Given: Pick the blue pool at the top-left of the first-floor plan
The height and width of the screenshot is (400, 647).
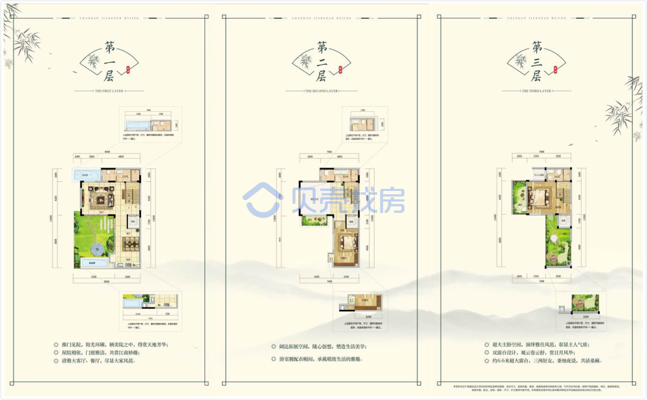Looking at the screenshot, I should (85, 174).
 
